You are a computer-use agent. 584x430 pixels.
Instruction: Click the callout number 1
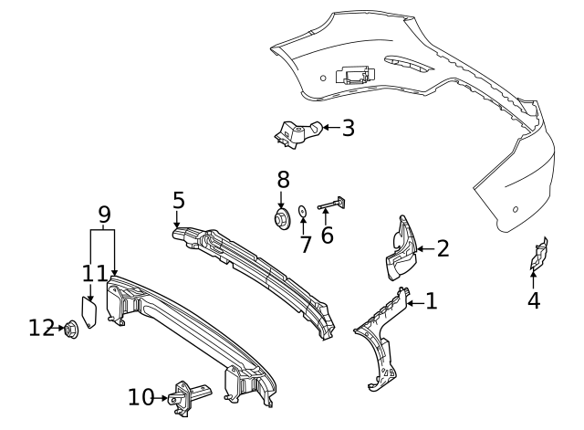coord(432,300)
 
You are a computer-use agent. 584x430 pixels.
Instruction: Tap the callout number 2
coord(443,248)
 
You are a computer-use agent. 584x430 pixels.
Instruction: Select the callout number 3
coord(348,128)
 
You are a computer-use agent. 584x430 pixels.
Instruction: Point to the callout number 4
coord(534,300)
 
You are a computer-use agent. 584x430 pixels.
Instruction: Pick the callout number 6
coord(327,235)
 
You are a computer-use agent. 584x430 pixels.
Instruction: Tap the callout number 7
coord(306,244)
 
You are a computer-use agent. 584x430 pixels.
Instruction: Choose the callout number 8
coord(283,179)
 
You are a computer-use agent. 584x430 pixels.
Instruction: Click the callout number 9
coord(104,215)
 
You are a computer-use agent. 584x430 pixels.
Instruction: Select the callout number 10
coord(141,397)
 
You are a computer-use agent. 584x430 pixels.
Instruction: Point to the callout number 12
coord(41,327)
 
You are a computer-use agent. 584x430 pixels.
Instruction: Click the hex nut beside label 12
coord(71,328)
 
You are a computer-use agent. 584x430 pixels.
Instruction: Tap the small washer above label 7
coord(303,211)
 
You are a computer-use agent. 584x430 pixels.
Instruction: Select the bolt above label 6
coord(334,205)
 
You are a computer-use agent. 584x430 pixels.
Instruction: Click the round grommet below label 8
coord(282,219)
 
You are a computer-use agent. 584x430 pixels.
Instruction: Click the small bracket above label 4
coord(539,257)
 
